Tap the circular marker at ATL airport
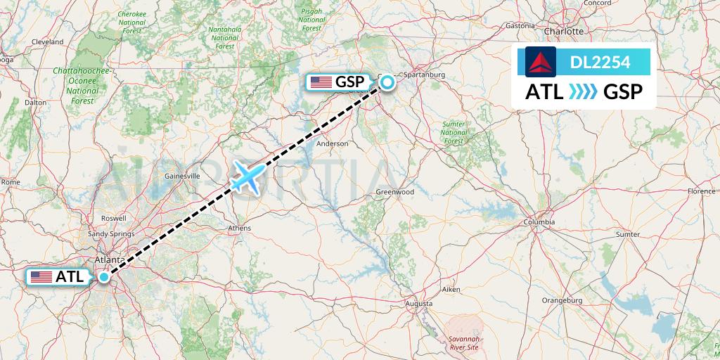(104, 277)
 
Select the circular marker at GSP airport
(387, 84)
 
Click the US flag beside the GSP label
(321, 82)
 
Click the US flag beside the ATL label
(41, 277)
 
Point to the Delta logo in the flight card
(540, 62)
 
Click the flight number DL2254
(600, 63)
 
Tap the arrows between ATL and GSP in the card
(583, 91)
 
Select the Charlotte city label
(564, 32)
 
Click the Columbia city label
(539, 222)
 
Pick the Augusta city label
(419, 303)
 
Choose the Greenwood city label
(394, 192)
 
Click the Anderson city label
(333, 143)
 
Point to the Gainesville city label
(182, 175)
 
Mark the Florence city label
(701, 191)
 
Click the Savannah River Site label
(463, 342)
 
